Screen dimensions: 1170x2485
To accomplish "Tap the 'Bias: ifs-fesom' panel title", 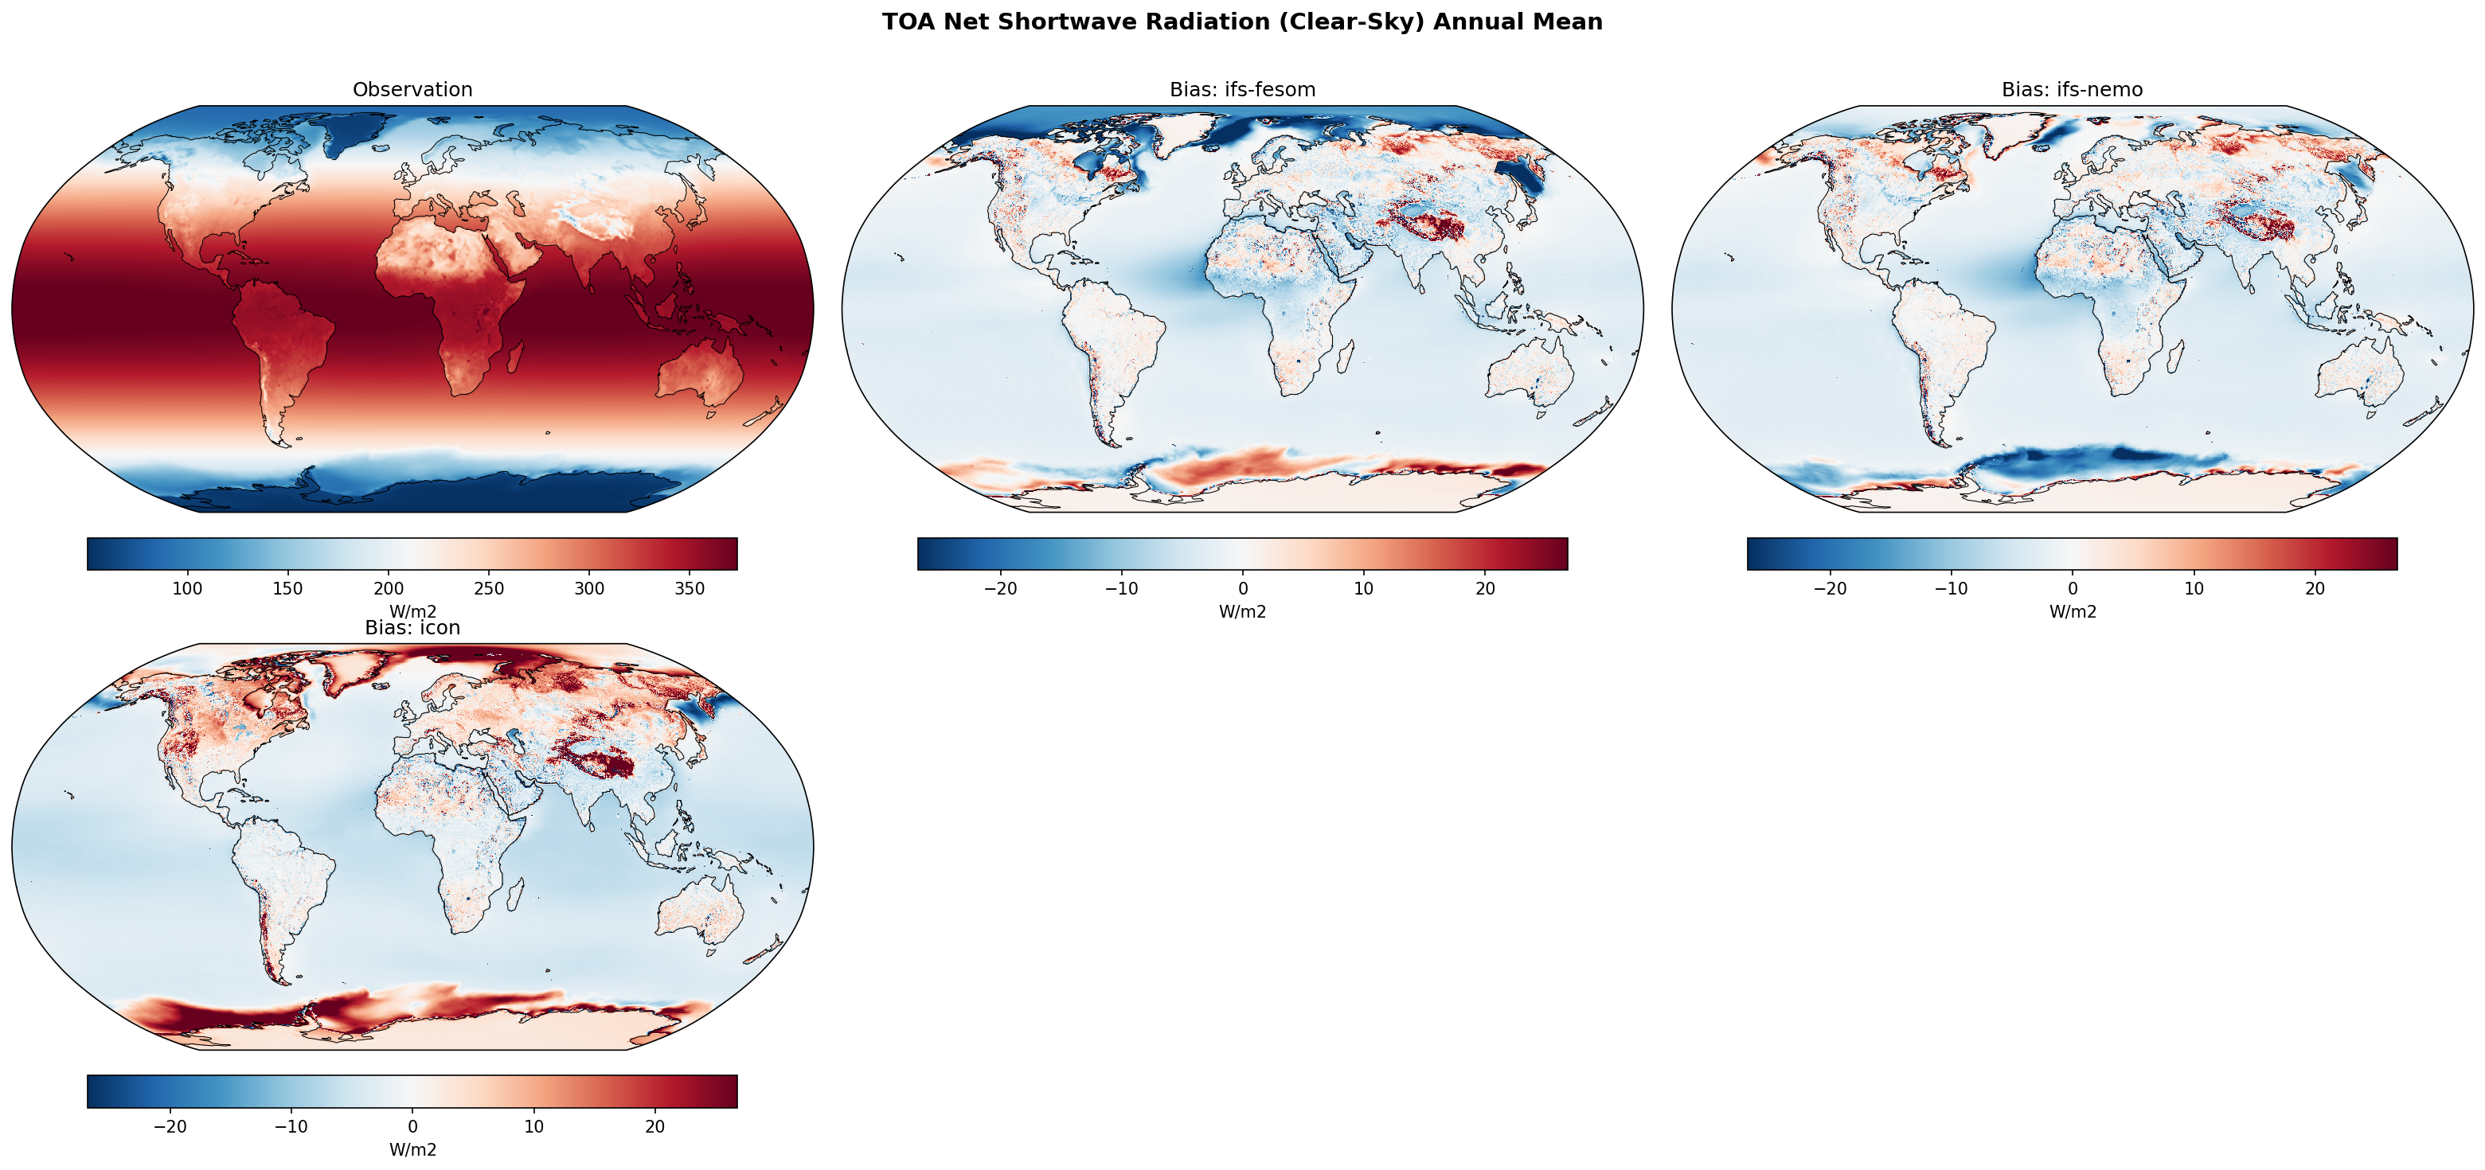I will [x=1241, y=90].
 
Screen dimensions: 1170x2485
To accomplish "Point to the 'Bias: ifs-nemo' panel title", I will [x=2071, y=90].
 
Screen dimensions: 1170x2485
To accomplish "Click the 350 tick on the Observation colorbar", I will [x=690, y=588].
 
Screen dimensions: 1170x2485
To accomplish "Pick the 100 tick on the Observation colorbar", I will [x=187, y=588].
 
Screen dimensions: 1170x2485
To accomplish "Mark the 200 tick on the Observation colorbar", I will [x=389, y=588].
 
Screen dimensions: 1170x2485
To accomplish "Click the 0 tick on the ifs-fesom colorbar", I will [x=1242, y=588].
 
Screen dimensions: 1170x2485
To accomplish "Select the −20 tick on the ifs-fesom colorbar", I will [x=999, y=588].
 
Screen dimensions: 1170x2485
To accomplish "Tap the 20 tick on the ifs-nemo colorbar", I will [x=2315, y=588].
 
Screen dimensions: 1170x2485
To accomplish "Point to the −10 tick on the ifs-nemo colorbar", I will [x=1951, y=588].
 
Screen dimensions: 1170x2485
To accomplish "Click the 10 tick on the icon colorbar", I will [x=533, y=1126].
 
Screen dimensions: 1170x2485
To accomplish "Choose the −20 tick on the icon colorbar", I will [x=170, y=1126].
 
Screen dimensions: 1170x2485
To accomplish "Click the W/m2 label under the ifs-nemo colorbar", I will [x=2072, y=611].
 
